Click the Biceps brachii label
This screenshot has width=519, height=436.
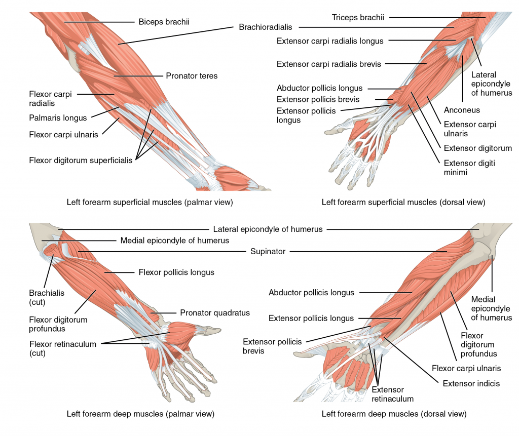pos(164,22)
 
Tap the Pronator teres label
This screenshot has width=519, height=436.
pos(192,76)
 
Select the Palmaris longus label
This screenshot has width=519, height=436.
pos(58,118)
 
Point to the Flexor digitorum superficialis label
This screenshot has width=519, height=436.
pos(81,161)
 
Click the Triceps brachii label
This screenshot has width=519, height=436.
pos(358,18)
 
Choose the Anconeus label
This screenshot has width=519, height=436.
pos(462,110)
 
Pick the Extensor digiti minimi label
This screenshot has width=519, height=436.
pos(469,168)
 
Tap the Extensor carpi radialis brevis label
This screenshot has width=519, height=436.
pos(328,64)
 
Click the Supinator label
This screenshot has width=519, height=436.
pos(268,251)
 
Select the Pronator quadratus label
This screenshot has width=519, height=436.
pos(215,312)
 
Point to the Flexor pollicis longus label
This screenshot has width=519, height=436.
pos(176,272)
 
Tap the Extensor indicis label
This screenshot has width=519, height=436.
pos(471,383)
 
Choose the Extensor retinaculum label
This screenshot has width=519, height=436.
pos(393,394)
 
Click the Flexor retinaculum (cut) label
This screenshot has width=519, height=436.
pos(62,348)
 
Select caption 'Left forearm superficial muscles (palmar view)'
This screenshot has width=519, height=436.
pos(150,202)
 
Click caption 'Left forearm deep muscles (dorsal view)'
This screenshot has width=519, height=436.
pos(394,414)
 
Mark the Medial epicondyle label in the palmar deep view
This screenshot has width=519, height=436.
pos(174,241)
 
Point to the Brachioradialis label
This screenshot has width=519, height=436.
pos(266,27)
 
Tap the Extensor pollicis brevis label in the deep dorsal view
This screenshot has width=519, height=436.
pos(272,346)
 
